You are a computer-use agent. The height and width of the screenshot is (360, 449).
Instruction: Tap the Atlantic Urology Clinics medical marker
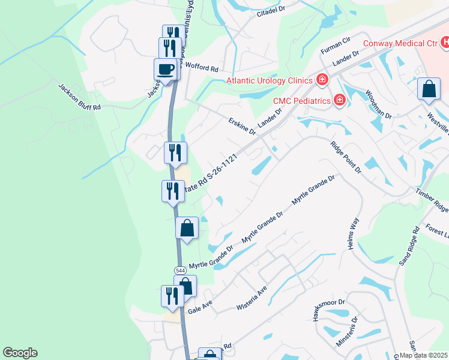(x=322, y=80)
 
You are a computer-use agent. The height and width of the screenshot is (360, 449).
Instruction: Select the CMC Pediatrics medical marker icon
(x=339, y=100)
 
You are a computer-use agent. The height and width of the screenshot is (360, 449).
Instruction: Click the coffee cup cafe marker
(x=166, y=70)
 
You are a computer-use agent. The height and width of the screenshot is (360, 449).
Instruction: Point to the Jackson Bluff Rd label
(x=79, y=97)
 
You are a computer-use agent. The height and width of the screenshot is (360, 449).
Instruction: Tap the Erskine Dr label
(x=242, y=127)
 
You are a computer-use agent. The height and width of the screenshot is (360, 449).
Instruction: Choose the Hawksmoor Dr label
(x=331, y=310)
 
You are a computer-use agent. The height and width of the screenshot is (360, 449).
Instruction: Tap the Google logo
(x=20, y=353)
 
